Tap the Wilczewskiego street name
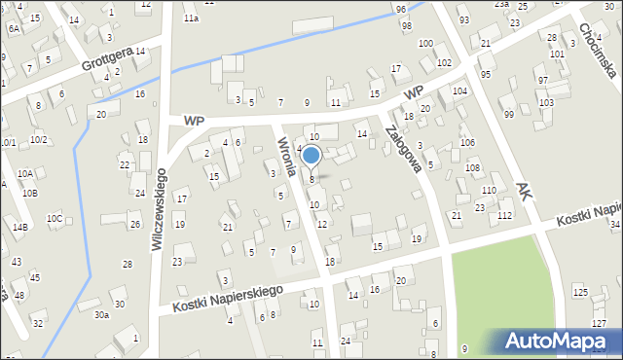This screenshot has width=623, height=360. click(160, 208)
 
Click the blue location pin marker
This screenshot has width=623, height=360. click(311, 156)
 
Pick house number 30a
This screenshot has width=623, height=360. click(101, 314)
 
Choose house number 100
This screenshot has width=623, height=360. click(425, 43)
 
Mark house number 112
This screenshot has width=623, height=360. click(504, 215)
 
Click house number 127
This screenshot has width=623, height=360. click(598, 322)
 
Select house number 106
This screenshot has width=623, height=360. click(468, 143)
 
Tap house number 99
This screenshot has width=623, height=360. click(508, 114)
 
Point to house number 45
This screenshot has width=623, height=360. click(35, 277)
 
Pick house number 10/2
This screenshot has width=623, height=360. click(38, 139)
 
